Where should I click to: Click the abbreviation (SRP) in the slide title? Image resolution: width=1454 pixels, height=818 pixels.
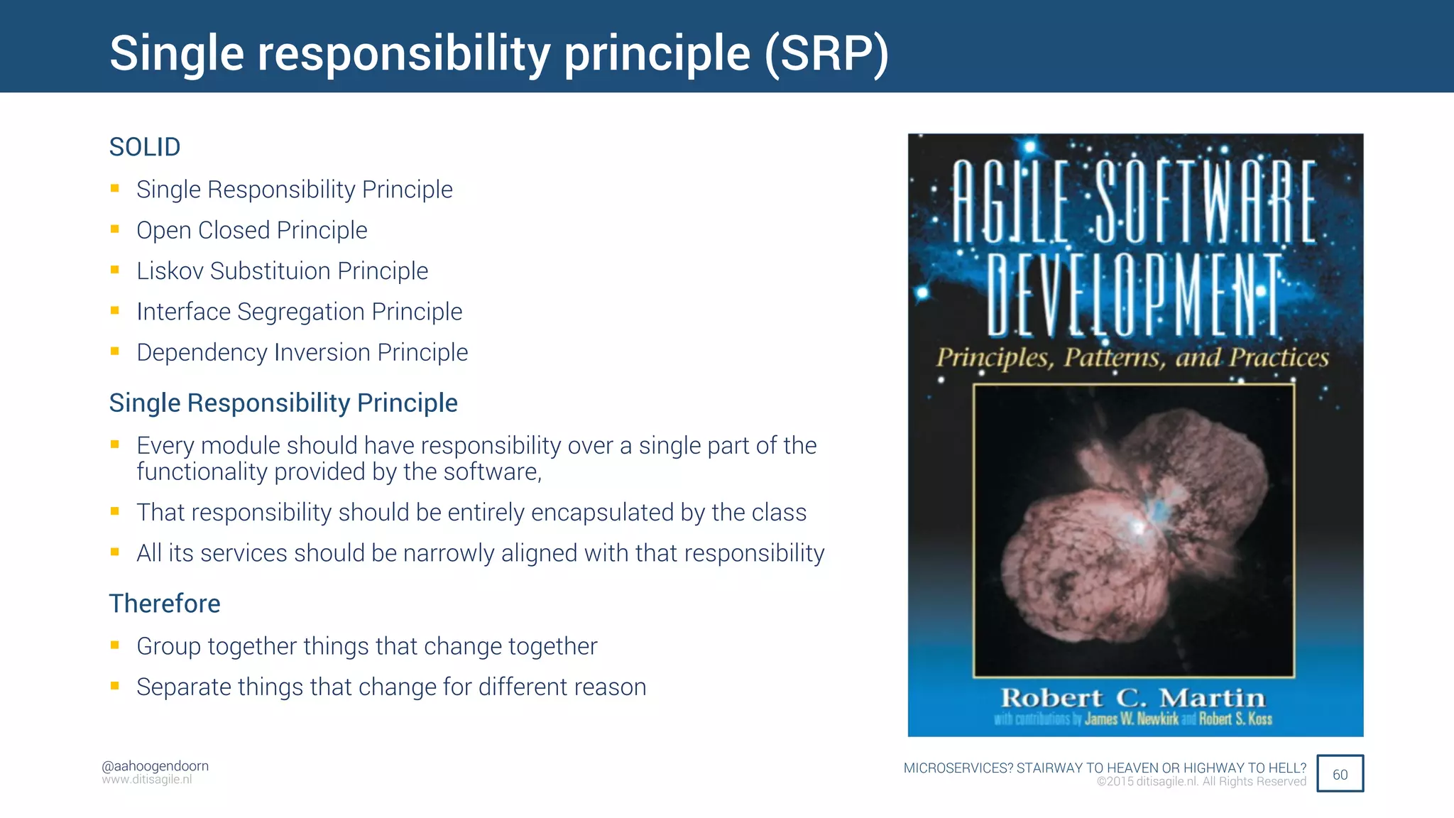pos(826,54)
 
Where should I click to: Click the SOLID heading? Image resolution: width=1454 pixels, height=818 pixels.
pos(145,147)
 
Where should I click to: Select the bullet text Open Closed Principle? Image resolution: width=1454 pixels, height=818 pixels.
pos(251,230)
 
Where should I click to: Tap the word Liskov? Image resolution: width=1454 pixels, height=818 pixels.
pos(170,271)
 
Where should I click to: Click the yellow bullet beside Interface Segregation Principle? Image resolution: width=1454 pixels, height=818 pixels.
pos(115,310)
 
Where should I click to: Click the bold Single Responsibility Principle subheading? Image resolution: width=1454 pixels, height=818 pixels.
pos(283,403)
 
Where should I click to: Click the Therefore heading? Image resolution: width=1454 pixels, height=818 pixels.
pos(165,604)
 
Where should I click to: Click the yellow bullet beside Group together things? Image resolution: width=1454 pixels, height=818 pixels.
pos(115,645)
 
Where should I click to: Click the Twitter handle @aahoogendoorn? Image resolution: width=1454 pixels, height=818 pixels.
pos(155,766)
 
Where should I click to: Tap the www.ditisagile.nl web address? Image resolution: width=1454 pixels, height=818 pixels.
pos(147,780)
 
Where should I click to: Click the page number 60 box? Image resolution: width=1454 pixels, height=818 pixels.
pos(1340,774)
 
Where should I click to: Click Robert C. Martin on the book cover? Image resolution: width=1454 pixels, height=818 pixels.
pos(1133,697)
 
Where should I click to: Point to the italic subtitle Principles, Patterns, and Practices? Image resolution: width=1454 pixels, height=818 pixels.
pos(1132,357)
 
